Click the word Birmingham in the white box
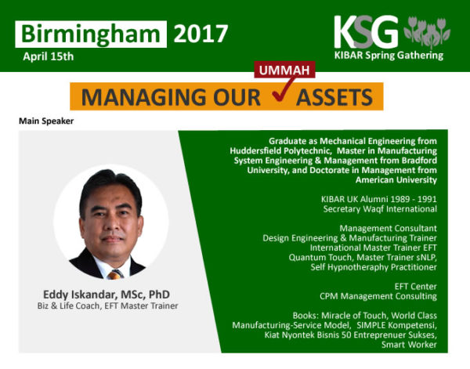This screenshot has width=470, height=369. point(91,34)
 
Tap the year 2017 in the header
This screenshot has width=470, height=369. point(201,34)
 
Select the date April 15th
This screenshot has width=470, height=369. point(49,56)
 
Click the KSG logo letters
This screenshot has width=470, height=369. point(366,32)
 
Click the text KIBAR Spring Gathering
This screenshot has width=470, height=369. point(389,56)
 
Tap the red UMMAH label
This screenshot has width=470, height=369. point(284,70)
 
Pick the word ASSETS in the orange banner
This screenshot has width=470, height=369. point(334,97)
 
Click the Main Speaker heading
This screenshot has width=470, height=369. point(46,121)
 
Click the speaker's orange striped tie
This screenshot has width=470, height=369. point(114,274)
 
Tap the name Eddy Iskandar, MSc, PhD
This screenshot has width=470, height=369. point(107,295)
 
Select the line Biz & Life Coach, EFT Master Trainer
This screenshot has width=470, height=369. point(107,306)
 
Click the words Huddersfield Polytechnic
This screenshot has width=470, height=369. point(280,150)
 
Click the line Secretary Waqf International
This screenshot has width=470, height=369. point(380,209)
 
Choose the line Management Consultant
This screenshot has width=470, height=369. point(389,228)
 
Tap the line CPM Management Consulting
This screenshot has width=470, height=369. point(378,296)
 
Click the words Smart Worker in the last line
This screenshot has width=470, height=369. point(409,345)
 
